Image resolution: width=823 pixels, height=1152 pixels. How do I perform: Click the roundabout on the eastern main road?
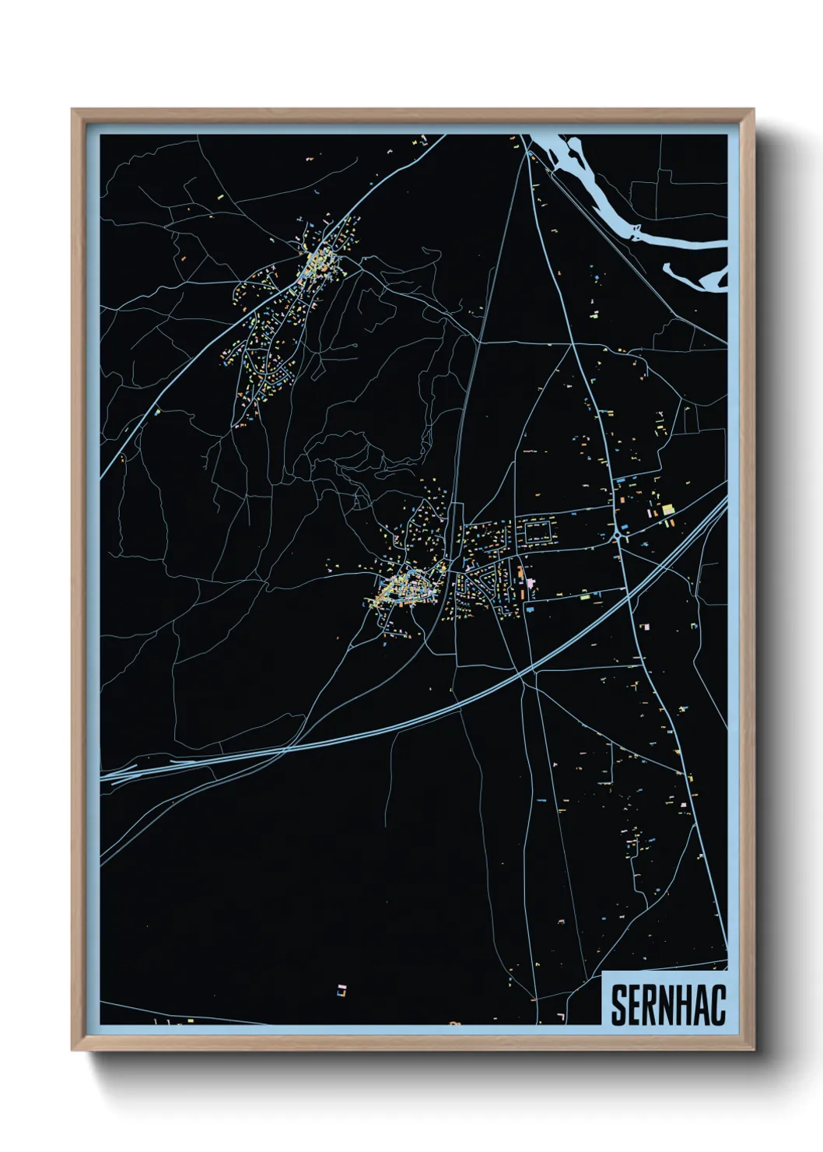click(621, 536)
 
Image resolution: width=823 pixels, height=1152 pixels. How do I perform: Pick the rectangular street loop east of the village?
click(539, 532)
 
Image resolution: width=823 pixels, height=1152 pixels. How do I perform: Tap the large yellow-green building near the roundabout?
click(667, 510)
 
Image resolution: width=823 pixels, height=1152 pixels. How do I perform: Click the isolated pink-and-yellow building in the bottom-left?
click(341, 990)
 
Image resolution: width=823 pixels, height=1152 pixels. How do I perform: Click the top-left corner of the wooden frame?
click(75, 112)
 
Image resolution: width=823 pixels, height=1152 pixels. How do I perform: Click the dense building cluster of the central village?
click(404, 588)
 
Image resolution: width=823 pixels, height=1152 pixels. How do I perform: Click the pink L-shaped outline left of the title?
click(561, 1016)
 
